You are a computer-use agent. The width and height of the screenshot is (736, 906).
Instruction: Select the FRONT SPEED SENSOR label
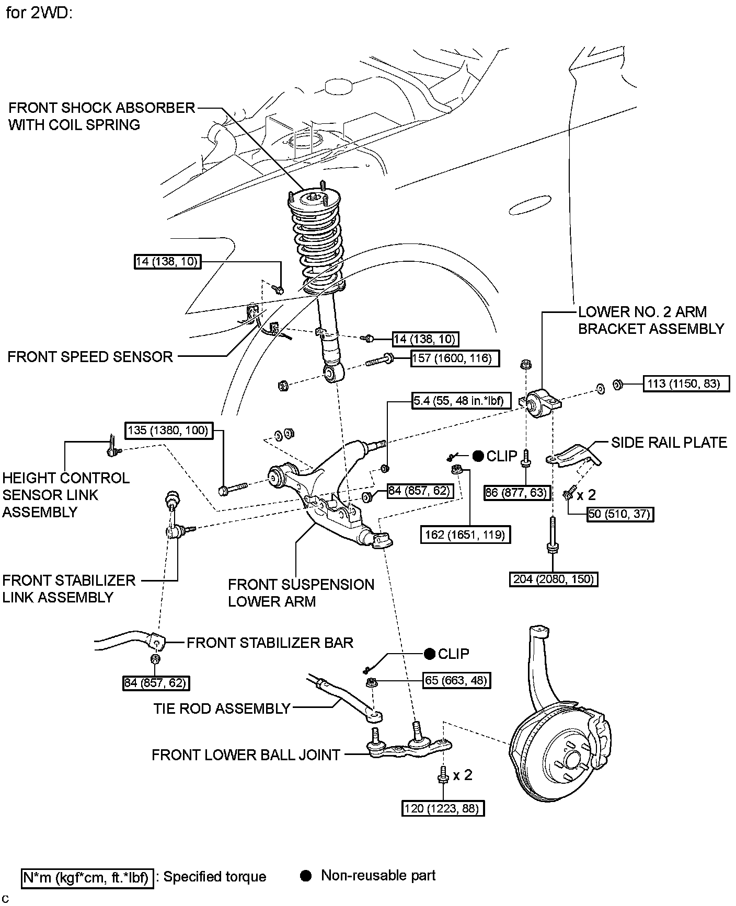click(x=90, y=357)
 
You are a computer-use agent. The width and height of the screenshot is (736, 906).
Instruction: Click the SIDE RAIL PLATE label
click(x=669, y=443)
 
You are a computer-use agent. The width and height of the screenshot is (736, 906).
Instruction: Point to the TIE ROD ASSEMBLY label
click(x=222, y=708)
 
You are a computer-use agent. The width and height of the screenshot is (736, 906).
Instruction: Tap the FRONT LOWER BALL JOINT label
click(x=246, y=755)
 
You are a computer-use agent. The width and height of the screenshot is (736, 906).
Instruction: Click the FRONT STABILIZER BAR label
click(x=270, y=643)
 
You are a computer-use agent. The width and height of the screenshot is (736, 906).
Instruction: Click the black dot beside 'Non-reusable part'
click(x=306, y=876)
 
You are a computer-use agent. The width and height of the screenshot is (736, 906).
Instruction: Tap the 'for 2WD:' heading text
click(x=39, y=13)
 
